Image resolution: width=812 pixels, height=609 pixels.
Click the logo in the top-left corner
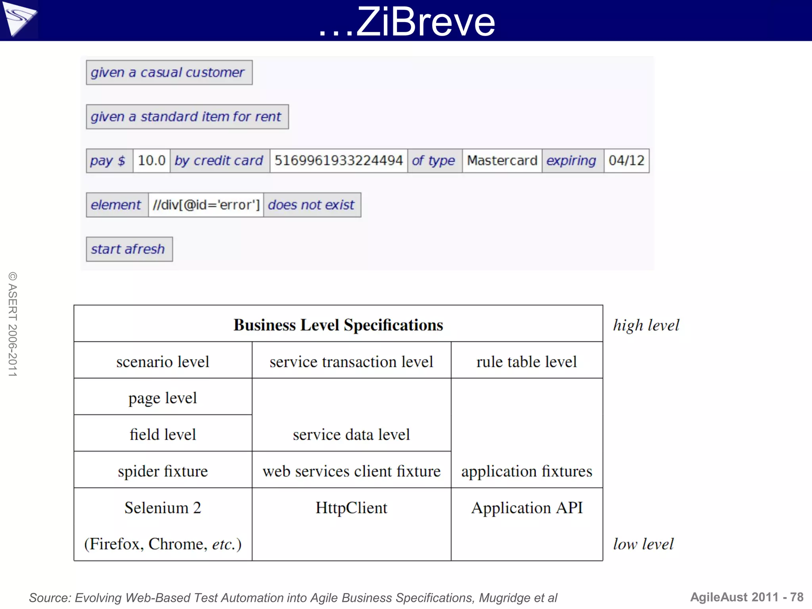(19, 19)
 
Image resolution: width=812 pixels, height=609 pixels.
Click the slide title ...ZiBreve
(407, 22)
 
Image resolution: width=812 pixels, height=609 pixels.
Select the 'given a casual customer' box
(169, 73)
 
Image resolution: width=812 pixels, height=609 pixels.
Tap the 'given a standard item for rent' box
(187, 117)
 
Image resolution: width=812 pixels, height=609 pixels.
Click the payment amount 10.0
(151, 161)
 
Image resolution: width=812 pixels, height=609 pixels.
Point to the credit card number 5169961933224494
(339, 161)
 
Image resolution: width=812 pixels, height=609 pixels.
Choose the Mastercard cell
(502, 161)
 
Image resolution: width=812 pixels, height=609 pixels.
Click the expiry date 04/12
(626, 161)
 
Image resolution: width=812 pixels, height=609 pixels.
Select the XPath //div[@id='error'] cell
(206, 205)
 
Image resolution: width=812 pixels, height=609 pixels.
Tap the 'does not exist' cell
(312, 205)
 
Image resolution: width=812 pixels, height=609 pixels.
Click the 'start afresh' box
(129, 249)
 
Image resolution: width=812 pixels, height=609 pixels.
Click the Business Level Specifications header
(338, 325)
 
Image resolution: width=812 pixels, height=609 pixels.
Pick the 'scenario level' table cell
(163, 362)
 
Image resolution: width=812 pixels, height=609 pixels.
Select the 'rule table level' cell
(527, 362)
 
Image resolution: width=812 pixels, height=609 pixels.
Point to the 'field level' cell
(163, 435)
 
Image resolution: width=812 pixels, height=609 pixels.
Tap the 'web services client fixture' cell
(351, 471)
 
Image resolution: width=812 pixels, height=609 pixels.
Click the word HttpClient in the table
(351, 508)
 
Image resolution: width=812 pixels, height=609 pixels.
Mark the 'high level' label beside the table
(646, 326)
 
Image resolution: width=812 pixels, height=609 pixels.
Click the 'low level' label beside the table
(643, 544)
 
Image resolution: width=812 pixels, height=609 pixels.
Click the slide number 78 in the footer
(797, 597)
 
